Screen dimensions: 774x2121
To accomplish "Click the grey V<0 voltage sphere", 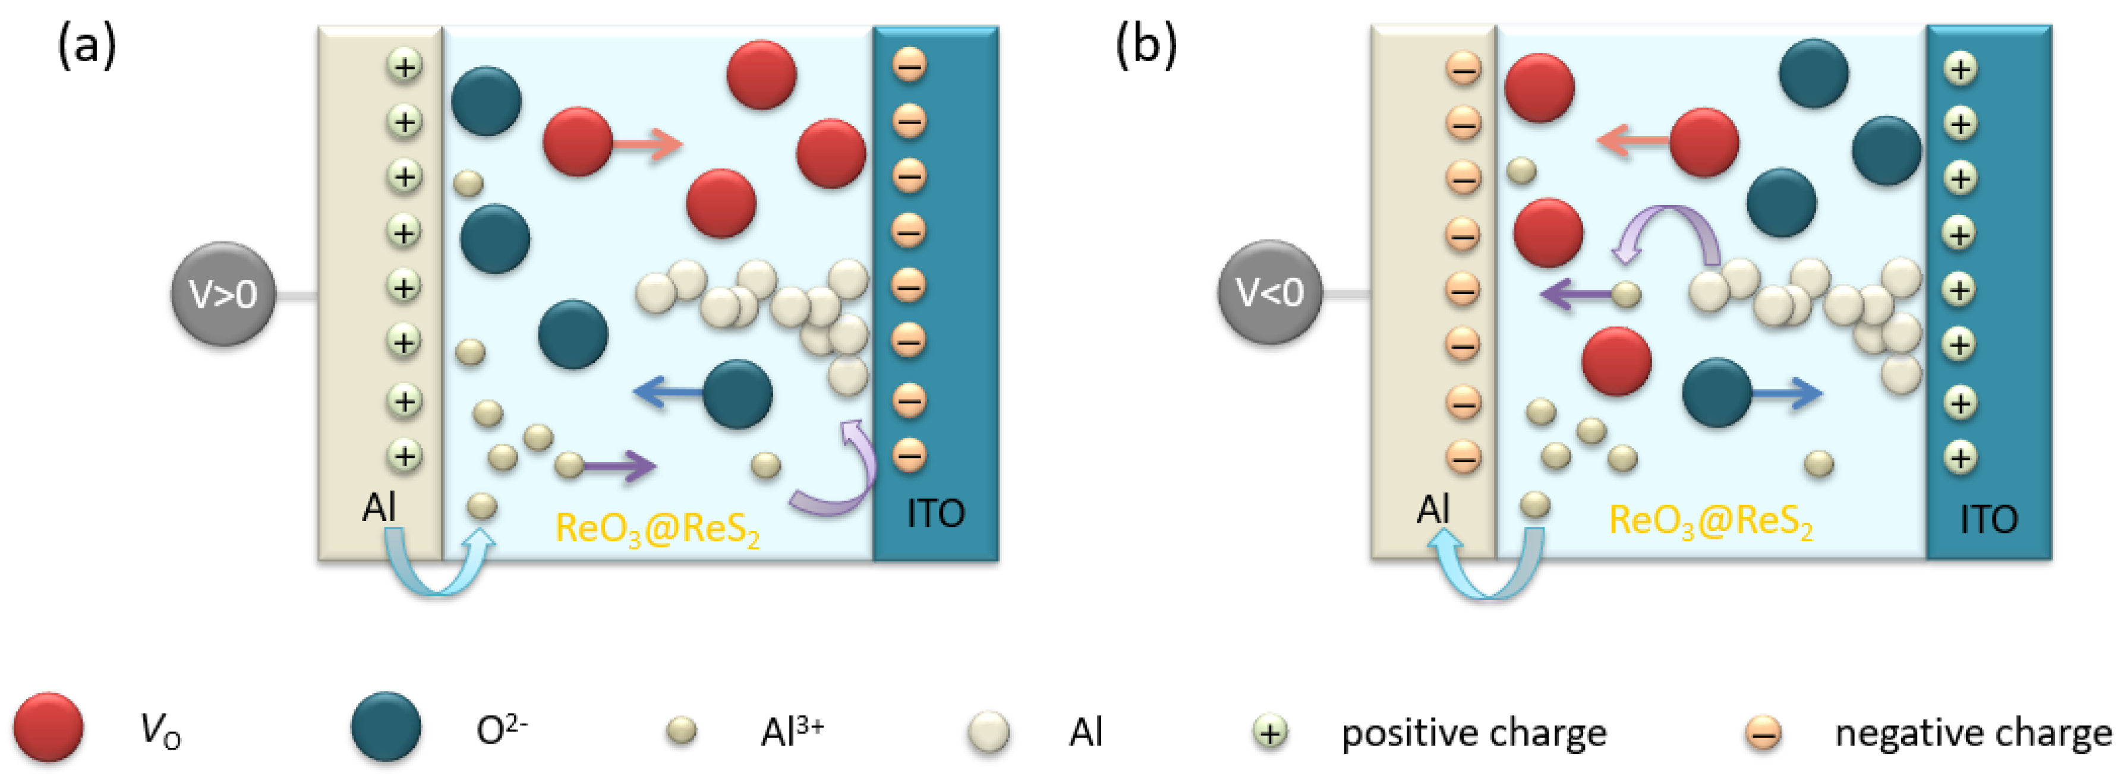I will tap(1269, 292).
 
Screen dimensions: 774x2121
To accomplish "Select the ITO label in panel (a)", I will tap(935, 514).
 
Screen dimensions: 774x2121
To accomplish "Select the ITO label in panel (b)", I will tap(1988, 519).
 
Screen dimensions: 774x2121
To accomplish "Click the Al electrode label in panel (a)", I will tap(379, 507).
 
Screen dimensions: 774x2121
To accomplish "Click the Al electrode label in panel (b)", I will tap(1433, 509).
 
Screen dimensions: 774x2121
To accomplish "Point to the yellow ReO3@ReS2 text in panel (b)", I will tap(1710, 521).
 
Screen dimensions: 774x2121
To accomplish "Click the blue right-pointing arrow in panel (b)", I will tap(1786, 394).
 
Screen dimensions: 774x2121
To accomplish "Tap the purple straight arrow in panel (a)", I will tap(619, 466).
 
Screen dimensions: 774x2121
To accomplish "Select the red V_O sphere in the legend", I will tap(48, 726).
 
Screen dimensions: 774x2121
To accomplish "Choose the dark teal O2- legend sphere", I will tap(385, 726).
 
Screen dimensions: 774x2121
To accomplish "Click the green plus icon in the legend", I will tap(1271, 731).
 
